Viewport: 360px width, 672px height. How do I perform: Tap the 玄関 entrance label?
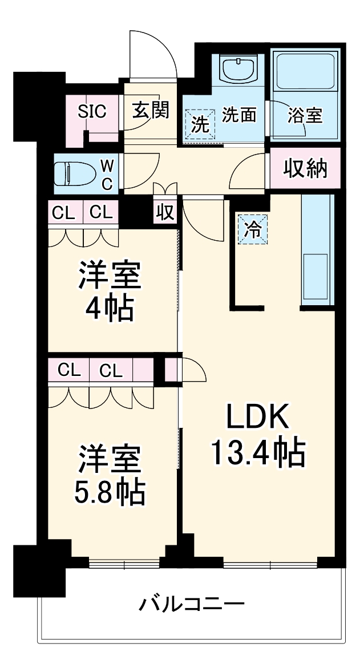(151, 110)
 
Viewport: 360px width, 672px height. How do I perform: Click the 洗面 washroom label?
(238, 115)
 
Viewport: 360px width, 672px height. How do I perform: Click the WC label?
(107, 173)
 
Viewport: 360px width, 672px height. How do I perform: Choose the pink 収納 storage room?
(305, 168)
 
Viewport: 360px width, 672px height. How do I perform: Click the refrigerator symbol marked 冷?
(252, 229)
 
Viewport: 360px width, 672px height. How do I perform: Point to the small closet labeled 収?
(165, 212)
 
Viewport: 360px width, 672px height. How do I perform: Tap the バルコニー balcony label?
(192, 603)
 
